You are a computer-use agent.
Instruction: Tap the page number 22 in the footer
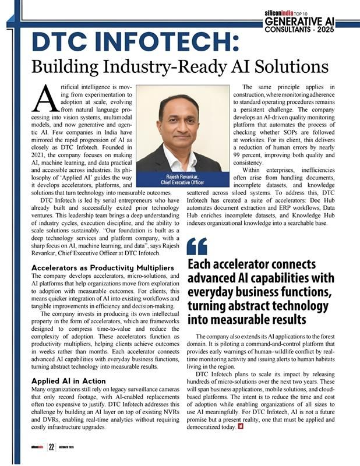point(51,447)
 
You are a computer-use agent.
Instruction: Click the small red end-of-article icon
point(240,428)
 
